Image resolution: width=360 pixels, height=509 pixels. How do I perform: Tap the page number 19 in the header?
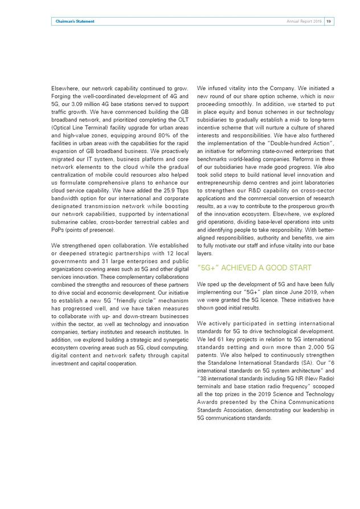click(329, 21)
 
